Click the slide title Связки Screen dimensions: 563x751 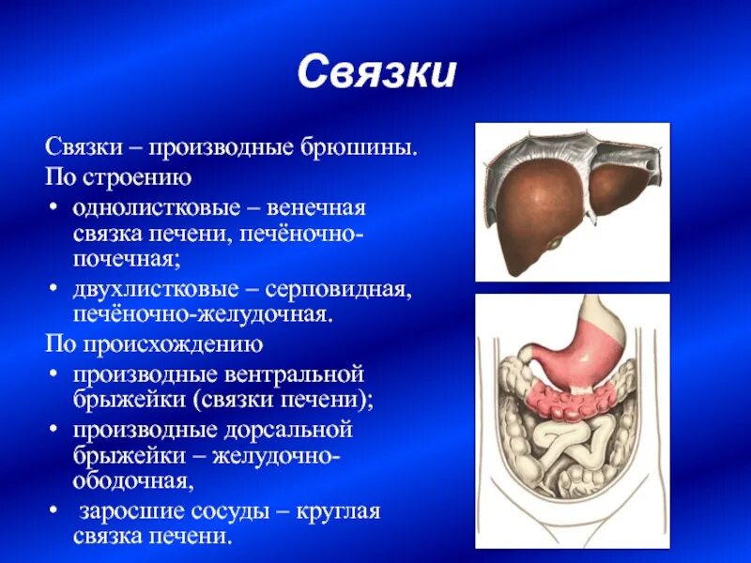point(376,73)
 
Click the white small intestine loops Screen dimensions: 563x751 point(563,441)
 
